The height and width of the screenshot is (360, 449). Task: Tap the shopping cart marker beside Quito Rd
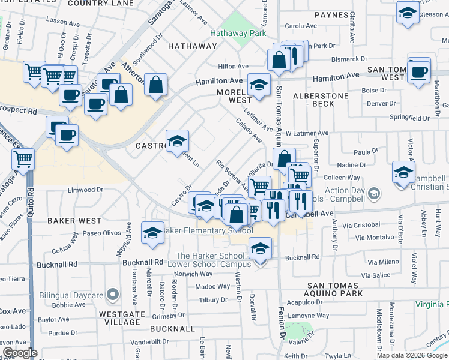(x=23, y=160)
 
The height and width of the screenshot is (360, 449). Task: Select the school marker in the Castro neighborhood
(x=177, y=142)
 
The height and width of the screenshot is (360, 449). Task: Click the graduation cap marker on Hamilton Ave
(x=259, y=85)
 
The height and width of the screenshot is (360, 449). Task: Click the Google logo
(x=20, y=353)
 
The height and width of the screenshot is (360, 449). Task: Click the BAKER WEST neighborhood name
(x=74, y=221)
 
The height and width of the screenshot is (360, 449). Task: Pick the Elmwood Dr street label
(x=86, y=190)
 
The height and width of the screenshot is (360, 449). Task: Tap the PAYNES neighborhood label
(x=331, y=14)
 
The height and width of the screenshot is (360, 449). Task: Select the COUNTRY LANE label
(x=101, y=4)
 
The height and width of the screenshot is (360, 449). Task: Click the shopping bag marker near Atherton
(x=155, y=86)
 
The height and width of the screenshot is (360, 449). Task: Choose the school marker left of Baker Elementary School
(x=152, y=233)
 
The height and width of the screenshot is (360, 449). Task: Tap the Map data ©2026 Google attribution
(x=412, y=355)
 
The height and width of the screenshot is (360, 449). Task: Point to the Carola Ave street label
(x=300, y=26)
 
